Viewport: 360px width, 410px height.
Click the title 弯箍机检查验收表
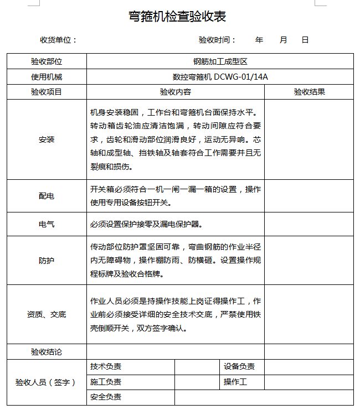tap(177, 17)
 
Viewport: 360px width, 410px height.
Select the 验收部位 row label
tap(47, 61)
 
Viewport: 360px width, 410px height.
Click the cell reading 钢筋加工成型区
tap(220, 61)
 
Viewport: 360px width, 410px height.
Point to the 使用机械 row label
tap(47, 77)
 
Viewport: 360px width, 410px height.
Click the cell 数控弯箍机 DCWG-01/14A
tap(220, 77)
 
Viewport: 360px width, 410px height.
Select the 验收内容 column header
tap(176, 92)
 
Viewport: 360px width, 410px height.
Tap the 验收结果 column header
tap(309, 92)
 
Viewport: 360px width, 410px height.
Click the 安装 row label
tap(47, 139)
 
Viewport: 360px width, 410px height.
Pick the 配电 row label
tap(47, 196)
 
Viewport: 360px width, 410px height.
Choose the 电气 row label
tap(47, 225)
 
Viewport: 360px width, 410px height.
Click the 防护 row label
tap(47, 260)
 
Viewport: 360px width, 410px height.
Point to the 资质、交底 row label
tap(47, 314)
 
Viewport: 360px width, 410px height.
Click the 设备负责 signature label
tap(239, 367)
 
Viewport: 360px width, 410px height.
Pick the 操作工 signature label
tap(235, 382)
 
